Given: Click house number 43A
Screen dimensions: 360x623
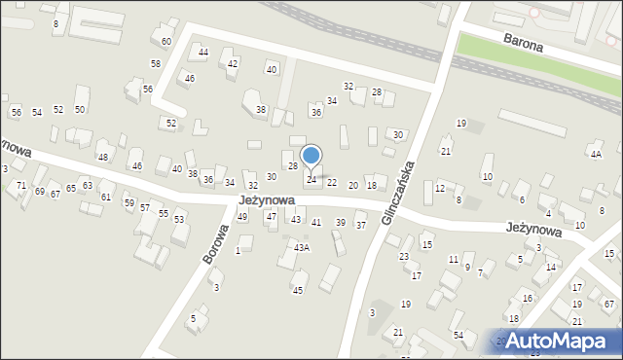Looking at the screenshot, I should pyautogui.click(x=302, y=248).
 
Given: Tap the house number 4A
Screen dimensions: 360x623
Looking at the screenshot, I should pyautogui.click(x=595, y=154).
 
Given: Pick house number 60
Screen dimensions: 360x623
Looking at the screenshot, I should pyautogui.click(x=166, y=41).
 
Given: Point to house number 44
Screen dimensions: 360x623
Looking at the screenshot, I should pyautogui.click(x=203, y=52).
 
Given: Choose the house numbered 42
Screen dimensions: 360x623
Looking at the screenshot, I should pyautogui.click(x=233, y=63).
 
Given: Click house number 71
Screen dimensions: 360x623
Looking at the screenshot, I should pyautogui.click(x=21, y=184).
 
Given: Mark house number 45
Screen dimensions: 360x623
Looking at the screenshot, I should pyautogui.click(x=298, y=290).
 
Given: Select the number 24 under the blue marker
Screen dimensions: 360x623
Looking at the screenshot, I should pyautogui.click(x=311, y=180).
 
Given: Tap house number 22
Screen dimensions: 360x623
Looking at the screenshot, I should pyautogui.click(x=332, y=182).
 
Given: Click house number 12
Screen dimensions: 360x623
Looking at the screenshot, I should pyautogui.click(x=440, y=188).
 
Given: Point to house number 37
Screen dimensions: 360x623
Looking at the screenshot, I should pyautogui.click(x=360, y=226).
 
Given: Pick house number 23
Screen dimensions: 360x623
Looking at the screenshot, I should pyautogui.click(x=404, y=256).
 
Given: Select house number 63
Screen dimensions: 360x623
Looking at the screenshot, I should pyautogui.click(x=88, y=185).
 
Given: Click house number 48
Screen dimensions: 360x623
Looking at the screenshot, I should pyautogui.click(x=102, y=157).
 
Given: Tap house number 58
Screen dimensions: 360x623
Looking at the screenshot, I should pyautogui.click(x=156, y=63).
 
